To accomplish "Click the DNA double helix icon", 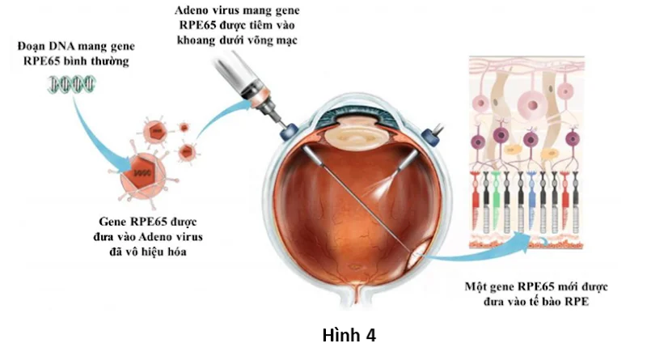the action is (71, 84).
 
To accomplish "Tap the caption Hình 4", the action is (349, 335).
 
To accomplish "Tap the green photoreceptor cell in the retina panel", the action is (496, 201).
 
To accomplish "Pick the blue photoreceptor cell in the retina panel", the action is (531, 201).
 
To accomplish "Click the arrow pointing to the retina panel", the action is (479, 252).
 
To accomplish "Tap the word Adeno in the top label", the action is (189, 11).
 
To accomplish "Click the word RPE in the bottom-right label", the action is (577, 302).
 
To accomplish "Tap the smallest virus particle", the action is (184, 127).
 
